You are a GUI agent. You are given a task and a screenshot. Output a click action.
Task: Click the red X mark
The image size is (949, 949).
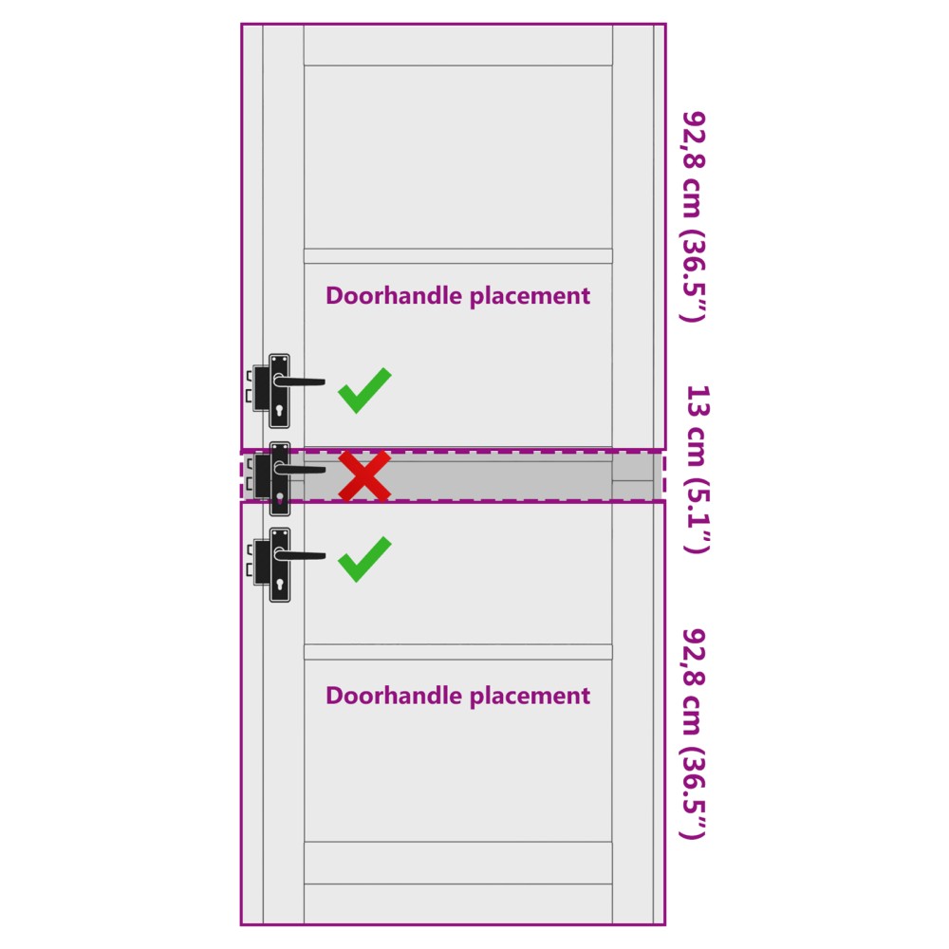pos(364,475)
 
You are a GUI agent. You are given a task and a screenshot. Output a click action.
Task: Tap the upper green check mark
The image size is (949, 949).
pos(364,390)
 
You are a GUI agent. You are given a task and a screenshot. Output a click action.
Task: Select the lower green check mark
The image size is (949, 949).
pos(364,559)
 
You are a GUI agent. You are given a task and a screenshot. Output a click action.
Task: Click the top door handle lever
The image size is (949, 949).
pos(299,381)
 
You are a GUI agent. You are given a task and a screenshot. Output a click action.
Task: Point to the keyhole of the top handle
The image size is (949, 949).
pos(280,411)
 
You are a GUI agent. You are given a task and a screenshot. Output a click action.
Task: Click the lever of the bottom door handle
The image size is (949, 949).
pos(299,555)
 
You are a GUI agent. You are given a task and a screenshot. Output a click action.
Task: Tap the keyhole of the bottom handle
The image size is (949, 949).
pos(280,585)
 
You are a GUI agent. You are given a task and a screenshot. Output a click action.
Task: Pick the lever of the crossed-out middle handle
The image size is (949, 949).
pos(299,469)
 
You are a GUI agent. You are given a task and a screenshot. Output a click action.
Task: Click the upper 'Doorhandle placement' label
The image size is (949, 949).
pos(457,296)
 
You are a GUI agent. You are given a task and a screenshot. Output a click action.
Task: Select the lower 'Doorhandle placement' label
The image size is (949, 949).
pos(457,696)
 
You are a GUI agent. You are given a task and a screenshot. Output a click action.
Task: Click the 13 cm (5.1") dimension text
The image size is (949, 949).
pos(697,469)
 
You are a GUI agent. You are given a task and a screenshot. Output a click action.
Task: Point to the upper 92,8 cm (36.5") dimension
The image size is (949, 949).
pos(694,216)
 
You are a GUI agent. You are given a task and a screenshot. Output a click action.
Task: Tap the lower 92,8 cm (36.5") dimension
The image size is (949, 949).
pos(694,735)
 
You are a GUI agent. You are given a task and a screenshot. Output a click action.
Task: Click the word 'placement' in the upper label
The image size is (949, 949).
pos(530,296)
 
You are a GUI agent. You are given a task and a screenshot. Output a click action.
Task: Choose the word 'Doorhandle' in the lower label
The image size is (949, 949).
pos(394,696)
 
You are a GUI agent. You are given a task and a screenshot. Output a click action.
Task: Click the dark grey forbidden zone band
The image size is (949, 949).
pos(453,475)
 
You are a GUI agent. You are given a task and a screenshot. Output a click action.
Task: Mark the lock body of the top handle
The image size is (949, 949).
pos(262,388)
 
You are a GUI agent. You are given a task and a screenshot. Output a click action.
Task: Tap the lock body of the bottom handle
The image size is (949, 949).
pos(262,562)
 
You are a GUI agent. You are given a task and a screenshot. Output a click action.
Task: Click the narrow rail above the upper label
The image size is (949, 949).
pos(458,256)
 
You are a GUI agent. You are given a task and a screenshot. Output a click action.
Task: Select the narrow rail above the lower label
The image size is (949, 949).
pos(458,652)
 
